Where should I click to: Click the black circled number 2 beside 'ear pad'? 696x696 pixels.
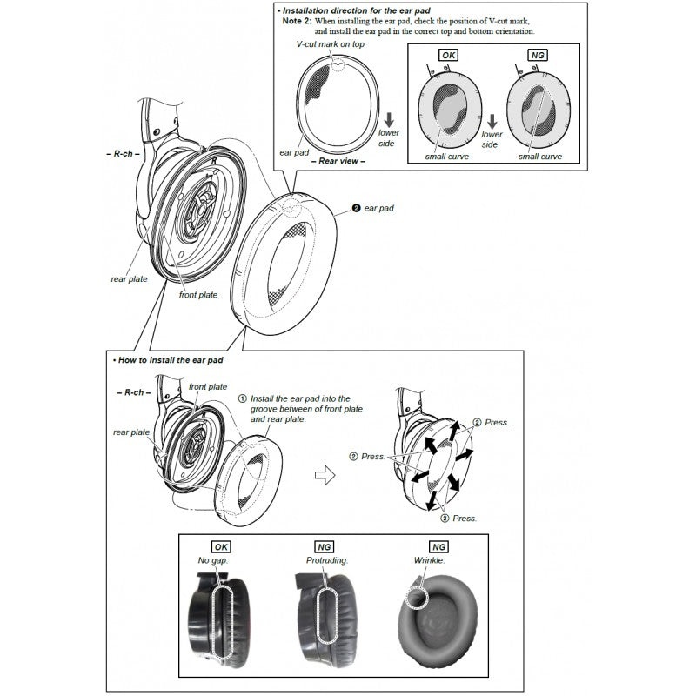tap(356, 209)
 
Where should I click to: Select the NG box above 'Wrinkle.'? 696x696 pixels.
tap(438, 547)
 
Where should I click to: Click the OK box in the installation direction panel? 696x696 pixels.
tap(449, 54)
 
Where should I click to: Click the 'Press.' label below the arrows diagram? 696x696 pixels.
tap(464, 518)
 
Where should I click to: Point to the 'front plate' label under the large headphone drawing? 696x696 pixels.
tap(198, 295)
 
